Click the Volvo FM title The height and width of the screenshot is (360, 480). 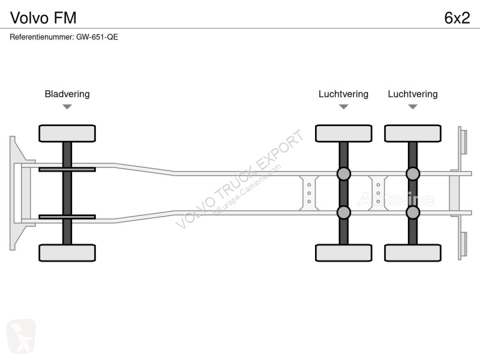(x=43, y=18)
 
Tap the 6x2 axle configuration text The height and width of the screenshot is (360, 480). (x=457, y=18)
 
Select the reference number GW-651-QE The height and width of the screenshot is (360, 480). (x=97, y=37)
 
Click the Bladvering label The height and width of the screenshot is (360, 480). (x=67, y=94)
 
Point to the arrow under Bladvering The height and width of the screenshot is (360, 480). (x=67, y=107)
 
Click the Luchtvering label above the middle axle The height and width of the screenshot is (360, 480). (x=343, y=94)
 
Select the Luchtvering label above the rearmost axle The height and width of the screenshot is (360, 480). (x=413, y=94)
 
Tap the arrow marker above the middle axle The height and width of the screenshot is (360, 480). (x=343, y=107)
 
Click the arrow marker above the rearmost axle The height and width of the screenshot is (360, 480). (x=413, y=107)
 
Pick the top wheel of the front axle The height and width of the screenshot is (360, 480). (x=67, y=133)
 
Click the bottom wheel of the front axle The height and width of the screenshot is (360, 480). (x=67, y=253)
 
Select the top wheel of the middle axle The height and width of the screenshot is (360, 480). (x=343, y=133)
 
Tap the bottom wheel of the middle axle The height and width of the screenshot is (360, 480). (x=343, y=253)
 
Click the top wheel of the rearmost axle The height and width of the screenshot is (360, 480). (x=413, y=133)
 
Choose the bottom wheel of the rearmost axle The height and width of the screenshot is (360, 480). (x=413, y=253)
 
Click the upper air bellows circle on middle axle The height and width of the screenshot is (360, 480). (x=343, y=174)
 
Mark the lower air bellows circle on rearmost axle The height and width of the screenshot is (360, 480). (x=413, y=212)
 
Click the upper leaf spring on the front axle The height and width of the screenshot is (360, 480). (x=67, y=169)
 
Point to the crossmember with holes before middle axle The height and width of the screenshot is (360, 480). (x=309, y=193)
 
